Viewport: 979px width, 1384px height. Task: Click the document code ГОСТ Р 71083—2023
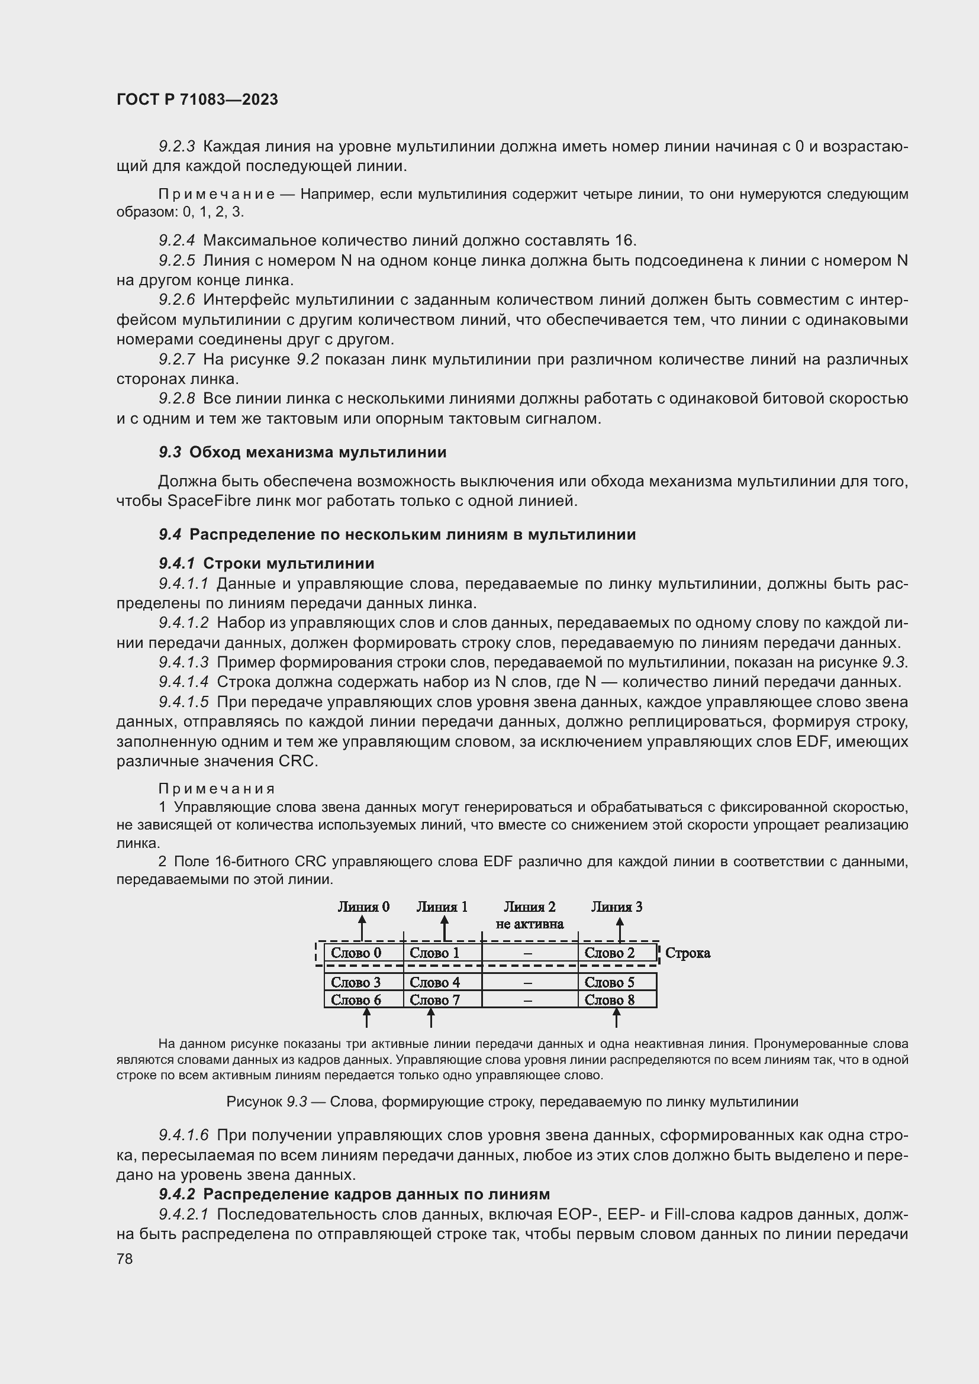pyautogui.click(x=197, y=99)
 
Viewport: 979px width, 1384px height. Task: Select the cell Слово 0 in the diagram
pyautogui.click(x=356, y=953)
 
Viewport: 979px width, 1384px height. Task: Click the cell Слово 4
pyautogui.click(x=434, y=982)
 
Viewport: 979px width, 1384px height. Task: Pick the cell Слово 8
pyautogui.click(x=610, y=999)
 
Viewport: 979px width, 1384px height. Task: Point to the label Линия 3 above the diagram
pyautogui.click(x=617, y=906)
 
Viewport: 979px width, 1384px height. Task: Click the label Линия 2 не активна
pyautogui.click(x=529, y=915)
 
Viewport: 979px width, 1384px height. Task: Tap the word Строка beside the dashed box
pyautogui.click(x=687, y=953)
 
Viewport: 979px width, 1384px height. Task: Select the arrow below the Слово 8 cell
pyautogui.click(x=616, y=1018)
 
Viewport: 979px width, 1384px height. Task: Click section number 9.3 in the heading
pyautogui.click(x=170, y=452)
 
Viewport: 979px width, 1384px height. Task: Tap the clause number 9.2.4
pyautogui.click(x=176, y=240)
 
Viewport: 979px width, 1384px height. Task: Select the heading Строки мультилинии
pyautogui.click(x=289, y=564)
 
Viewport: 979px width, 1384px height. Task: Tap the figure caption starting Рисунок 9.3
pyautogui.click(x=512, y=1102)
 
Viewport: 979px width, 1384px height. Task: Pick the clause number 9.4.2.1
pyautogui.click(x=183, y=1214)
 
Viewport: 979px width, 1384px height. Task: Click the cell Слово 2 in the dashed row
pyautogui.click(x=610, y=953)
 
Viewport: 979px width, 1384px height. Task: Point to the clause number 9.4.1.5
pyautogui.click(x=183, y=702)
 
